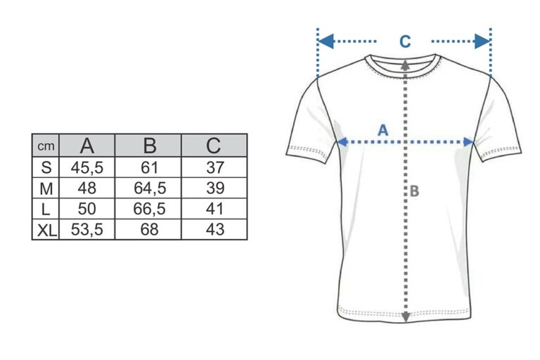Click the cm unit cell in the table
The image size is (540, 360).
pos(46,146)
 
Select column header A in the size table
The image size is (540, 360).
pos(87,146)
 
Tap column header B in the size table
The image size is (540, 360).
pos(150,146)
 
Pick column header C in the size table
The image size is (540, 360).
pos(214,146)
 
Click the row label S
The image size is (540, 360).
pos(46,168)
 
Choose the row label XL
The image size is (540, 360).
pos(47,230)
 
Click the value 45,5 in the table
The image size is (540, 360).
pos(87,168)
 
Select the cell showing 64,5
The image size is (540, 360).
pos(150,188)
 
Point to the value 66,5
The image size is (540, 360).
pos(150,209)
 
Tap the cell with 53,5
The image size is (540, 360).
pos(87,229)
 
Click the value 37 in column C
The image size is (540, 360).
pos(215,168)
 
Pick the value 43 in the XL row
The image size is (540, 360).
pos(215,229)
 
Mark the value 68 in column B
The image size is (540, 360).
pos(150,229)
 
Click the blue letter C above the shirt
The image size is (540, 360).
pos(405,41)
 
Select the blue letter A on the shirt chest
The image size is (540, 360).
pos(383,130)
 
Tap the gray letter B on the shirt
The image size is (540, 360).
pos(415,191)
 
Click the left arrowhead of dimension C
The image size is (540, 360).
pos(326,41)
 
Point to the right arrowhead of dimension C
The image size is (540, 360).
pos(482,41)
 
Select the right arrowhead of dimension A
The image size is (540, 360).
pos(468,142)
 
